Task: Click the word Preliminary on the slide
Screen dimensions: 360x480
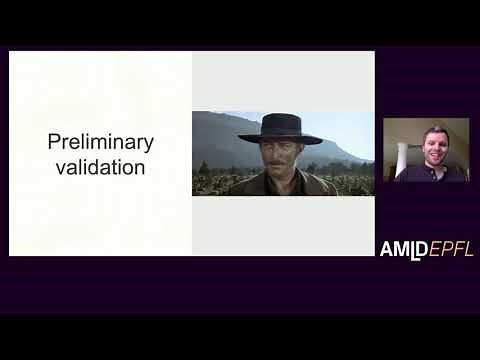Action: tap(100, 142)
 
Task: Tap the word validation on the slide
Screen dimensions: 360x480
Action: tap(100, 167)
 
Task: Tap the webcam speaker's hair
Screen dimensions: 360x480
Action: tap(433, 131)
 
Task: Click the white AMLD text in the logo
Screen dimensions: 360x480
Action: tap(403, 249)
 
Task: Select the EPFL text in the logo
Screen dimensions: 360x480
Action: tap(451, 249)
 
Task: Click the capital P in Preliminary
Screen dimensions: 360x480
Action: tap(54, 142)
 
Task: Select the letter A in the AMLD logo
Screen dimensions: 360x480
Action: tap(386, 249)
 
